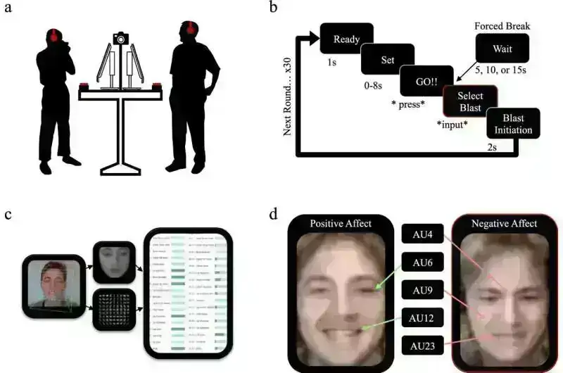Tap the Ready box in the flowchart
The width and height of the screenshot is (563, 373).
click(x=345, y=38)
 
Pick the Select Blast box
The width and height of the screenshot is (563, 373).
click(x=469, y=101)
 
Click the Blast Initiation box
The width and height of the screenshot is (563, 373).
click(x=513, y=124)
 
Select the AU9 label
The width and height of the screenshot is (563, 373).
click(x=423, y=289)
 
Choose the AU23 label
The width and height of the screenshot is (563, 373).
click(x=423, y=346)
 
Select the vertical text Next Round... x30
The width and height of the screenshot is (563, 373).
click(x=288, y=92)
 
